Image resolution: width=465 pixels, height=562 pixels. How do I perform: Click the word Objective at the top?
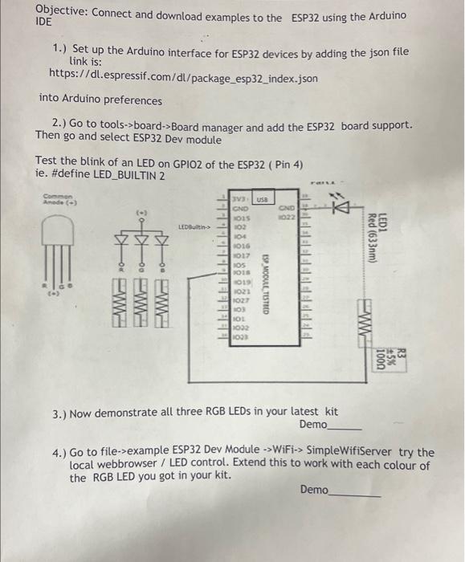[63, 14]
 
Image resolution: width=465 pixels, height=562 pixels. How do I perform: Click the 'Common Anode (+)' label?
[59, 199]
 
